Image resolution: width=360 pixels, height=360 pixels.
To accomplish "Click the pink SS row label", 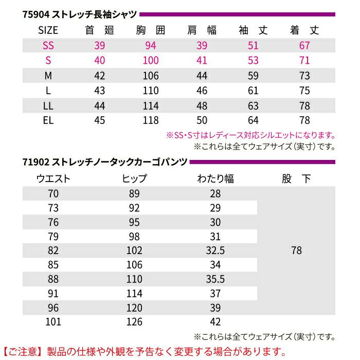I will [x=48, y=46].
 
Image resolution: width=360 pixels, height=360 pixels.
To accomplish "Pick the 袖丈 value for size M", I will [x=253, y=76].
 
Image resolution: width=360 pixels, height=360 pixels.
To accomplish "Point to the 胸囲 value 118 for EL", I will [x=151, y=121].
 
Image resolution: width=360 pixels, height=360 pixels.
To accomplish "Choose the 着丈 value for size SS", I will [x=304, y=46].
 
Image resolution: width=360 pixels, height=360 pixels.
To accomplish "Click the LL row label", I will [x=48, y=106].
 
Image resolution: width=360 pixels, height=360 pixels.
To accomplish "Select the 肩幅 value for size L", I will [x=202, y=91].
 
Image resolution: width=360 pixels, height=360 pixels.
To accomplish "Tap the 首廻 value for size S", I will [x=100, y=61].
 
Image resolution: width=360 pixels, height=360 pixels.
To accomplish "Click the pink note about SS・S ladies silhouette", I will [x=250, y=136].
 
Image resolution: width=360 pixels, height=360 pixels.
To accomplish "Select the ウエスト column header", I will [x=53, y=179].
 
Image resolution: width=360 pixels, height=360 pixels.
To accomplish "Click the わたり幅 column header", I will [x=215, y=179].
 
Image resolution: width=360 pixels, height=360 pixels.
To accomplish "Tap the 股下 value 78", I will [x=296, y=250].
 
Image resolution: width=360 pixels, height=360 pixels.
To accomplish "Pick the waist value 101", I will [x=53, y=322].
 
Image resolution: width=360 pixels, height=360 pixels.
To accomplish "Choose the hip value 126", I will [x=135, y=322].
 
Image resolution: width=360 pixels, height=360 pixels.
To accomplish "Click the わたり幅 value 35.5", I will [x=215, y=279].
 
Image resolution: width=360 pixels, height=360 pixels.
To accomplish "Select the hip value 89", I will [x=135, y=193].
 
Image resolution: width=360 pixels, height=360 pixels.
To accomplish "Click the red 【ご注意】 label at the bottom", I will [x=23, y=352].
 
